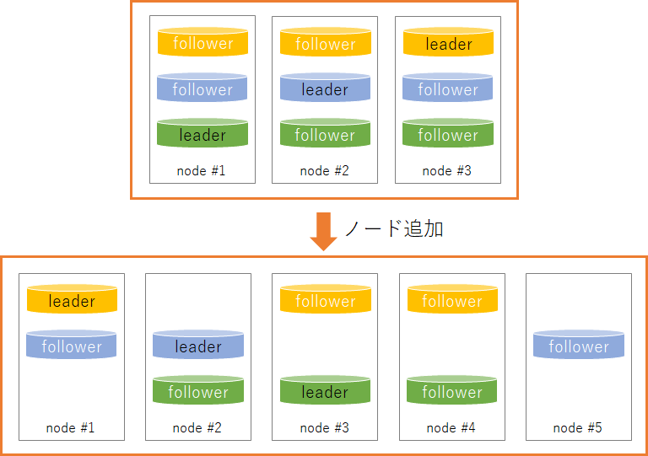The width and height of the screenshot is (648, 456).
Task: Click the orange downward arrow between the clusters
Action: click(323, 230)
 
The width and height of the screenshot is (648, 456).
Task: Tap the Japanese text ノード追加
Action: click(393, 228)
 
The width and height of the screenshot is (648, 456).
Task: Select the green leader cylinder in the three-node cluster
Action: click(202, 134)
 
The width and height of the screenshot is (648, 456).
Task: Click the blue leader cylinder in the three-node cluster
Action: click(325, 89)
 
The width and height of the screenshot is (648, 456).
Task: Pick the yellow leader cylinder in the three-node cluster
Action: click(448, 43)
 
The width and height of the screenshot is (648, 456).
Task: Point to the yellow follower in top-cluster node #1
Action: click(202, 43)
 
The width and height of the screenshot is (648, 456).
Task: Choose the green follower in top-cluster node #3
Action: click(448, 134)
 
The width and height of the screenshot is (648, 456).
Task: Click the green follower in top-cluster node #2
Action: click(325, 134)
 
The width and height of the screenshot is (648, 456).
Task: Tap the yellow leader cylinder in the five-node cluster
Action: click(72, 300)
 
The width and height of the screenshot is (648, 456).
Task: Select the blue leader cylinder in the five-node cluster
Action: click(198, 346)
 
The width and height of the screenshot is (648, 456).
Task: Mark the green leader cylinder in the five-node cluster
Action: click(325, 391)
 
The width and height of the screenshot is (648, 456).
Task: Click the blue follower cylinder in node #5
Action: click(579, 346)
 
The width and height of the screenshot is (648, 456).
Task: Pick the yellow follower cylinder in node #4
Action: click(452, 300)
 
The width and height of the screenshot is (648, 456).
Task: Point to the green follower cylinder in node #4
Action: click(452, 391)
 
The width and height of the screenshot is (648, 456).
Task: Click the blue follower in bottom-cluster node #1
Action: click(72, 346)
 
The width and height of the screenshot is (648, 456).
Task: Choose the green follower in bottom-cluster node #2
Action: click(198, 391)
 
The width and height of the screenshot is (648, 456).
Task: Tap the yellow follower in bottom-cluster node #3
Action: click(325, 300)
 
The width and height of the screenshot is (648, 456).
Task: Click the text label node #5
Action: click(578, 427)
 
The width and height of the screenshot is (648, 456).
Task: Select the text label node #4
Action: click(451, 427)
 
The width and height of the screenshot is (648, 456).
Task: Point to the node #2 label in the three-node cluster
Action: click(325, 171)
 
